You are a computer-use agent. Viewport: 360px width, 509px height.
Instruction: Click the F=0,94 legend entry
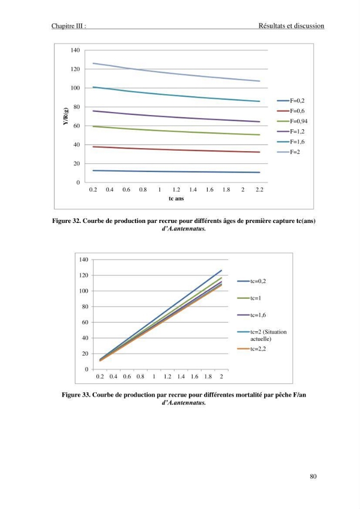tap(292, 121)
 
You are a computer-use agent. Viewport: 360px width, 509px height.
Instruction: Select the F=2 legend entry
tap(289, 152)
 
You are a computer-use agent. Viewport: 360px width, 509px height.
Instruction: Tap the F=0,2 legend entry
tap(291, 101)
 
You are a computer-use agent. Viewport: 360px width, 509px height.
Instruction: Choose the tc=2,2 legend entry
tap(252, 349)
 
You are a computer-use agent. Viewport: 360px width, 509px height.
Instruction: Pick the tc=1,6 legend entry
tap(252, 315)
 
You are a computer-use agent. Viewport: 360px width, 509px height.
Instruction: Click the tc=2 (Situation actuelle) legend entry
tap(262, 335)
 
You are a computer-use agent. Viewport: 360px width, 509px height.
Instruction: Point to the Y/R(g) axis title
tap(66, 116)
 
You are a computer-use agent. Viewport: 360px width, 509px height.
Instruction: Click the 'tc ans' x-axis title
tap(176, 199)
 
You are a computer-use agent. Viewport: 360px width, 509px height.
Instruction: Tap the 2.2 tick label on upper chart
tap(259, 189)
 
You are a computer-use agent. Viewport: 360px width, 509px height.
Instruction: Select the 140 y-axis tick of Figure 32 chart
tap(75, 50)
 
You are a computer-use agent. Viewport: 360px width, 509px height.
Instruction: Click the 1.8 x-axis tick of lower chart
tap(208, 377)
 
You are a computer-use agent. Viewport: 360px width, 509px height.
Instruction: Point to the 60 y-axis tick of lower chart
tap(85, 322)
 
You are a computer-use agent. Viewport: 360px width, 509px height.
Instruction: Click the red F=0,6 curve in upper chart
tap(176, 150)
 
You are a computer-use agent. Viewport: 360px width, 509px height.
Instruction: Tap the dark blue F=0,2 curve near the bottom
tap(176, 172)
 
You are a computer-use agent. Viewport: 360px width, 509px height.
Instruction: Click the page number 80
tap(313, 476)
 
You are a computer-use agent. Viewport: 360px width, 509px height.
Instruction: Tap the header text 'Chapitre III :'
tap(69, 26)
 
